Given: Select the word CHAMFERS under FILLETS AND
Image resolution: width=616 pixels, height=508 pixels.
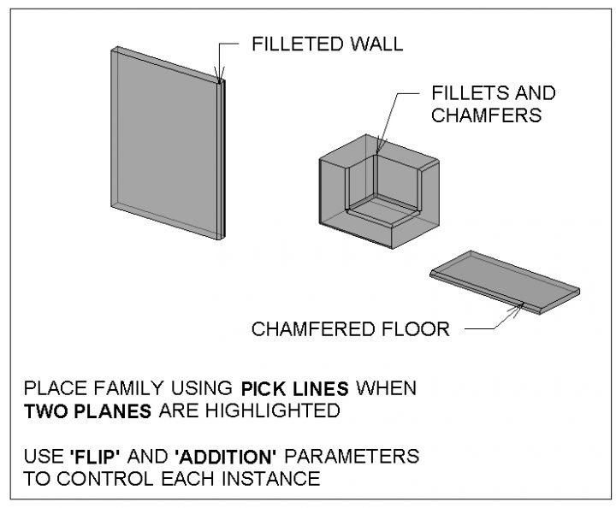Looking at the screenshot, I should (486, 115).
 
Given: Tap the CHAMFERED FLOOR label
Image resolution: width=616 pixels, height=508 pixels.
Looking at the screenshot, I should (350, 329).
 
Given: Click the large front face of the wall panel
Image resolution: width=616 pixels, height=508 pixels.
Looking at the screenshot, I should (163, 141).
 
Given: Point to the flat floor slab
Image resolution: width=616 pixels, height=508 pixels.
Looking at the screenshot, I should (505, 281).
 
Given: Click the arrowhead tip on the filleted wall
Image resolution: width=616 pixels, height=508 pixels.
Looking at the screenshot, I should (221, 82).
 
